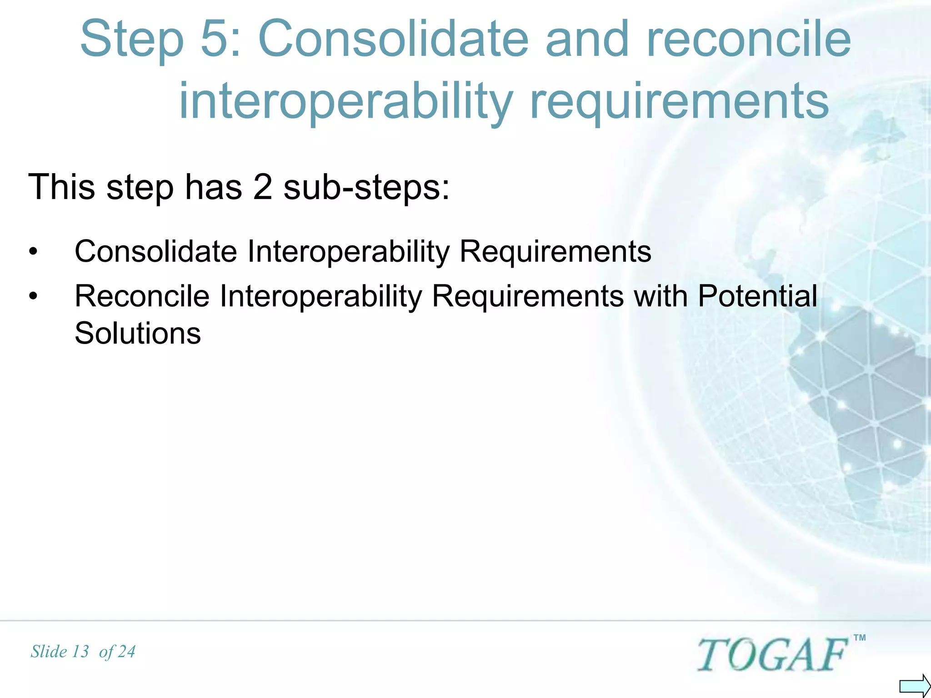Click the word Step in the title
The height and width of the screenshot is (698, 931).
tap(132, 41)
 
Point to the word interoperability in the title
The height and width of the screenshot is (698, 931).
tap(346, 102)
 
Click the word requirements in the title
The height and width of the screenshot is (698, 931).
tap(680, 102)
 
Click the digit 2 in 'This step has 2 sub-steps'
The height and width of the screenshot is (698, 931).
tap(262, 187)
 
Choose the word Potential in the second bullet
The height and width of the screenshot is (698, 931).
tap(757, 296)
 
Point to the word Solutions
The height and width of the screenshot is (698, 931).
tap(137, 333)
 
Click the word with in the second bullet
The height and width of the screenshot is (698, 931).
tap(661, 296)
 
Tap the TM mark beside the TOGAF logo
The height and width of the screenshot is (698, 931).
tap(860, 638)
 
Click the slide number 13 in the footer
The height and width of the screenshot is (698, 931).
tap(80, 652)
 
